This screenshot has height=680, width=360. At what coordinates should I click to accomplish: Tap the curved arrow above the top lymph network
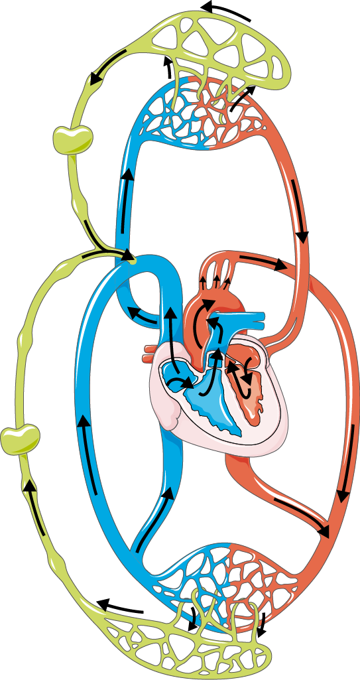pyautogui.click(x=227, y=10)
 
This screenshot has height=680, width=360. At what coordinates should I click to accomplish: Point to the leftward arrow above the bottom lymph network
pyautogui.click(x=119, y=606)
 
